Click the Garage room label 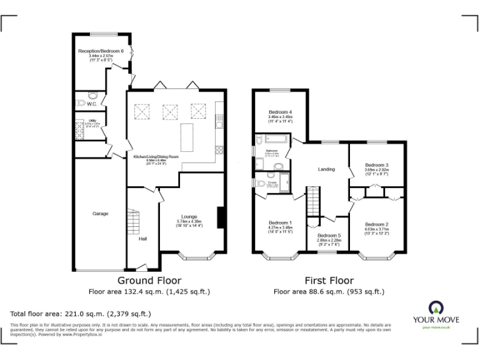click(101, 214)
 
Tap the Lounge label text click(189, 217)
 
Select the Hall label click(142, 238)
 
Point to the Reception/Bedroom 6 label click(101, 51)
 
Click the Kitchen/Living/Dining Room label click(156, 156)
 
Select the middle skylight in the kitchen click(170, 112)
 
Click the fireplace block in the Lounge click(220, 216)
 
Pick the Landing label click(326, 169)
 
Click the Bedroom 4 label click(280, 112)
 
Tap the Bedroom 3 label click(377, 165)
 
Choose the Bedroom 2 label click(377, 224)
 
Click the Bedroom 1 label click(280, 222)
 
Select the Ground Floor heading click(149, 281)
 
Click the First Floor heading click(329, 281)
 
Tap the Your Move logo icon click(435, 307)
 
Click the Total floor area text click(81, 314)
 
